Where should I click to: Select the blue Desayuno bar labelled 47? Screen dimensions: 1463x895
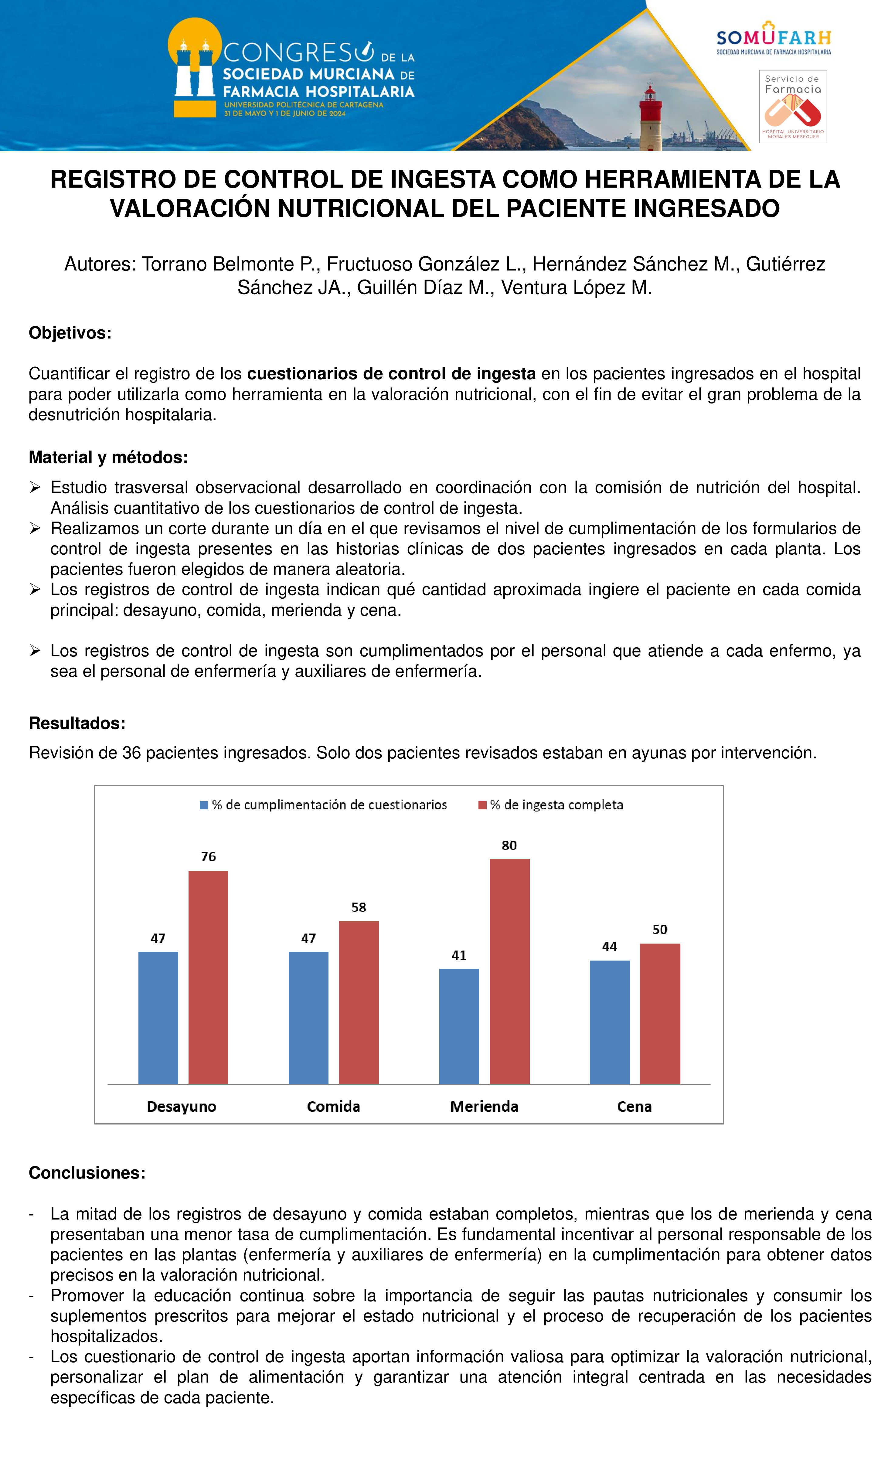[158, 1018]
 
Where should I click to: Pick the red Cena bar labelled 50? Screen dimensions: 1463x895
[660, 1013]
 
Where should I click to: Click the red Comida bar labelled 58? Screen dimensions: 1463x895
[359, 1002]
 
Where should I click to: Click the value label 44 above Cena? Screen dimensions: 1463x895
[609, 946]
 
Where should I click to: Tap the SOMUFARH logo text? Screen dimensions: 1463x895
[773, 38]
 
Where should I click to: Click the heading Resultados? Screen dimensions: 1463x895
[77, 723]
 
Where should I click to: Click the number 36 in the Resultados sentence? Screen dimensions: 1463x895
[131, 753]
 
